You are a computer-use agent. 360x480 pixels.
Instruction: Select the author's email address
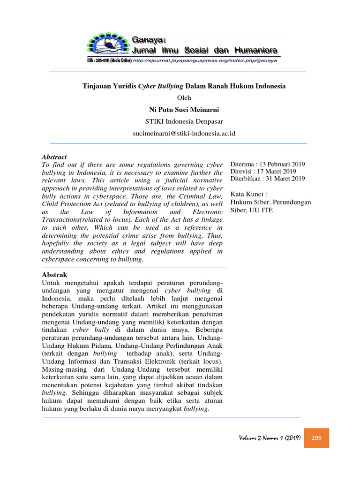(x=184, y=133)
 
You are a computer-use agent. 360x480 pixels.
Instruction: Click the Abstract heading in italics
(x=54, y=157)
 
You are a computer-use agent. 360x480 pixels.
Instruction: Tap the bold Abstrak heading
(x=55, y=275)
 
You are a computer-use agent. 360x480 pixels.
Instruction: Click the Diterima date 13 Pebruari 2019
(x=268, y=164)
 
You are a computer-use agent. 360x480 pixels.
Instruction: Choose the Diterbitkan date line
(x=268, y=179)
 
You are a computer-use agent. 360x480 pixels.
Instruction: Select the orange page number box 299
(x=316, y=438)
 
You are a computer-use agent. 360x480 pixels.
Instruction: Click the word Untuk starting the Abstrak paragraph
(x=52, y=284)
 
